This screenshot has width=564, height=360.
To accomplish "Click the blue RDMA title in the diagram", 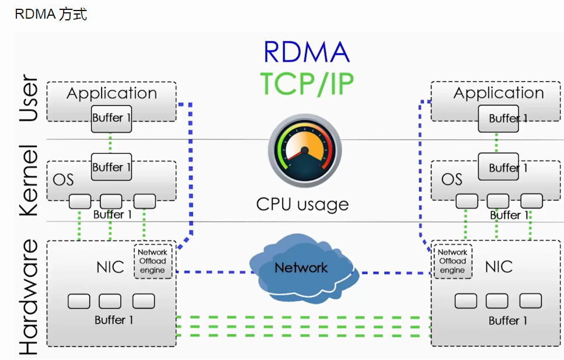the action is (x=307, y=53).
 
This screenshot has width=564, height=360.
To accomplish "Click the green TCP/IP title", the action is (x=307, y=83).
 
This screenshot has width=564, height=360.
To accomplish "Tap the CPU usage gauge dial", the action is (x=305, y=150).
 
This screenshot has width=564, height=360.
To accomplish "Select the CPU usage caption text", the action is (x=302, y=204).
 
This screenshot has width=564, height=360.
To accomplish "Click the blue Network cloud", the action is (x=303, y=268).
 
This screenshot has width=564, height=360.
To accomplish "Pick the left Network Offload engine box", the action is (x=153, y=261).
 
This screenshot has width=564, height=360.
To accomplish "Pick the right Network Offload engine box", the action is (x=452, y=261).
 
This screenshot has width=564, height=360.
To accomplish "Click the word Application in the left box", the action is (x=112, y=93).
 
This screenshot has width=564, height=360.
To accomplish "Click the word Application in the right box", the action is (x=499, y=93).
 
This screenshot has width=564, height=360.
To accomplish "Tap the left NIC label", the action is (x=110, y=267).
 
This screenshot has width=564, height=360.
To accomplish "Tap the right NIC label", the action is (x=499, y=267).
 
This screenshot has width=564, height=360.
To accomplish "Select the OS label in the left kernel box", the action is (x=63, y=180).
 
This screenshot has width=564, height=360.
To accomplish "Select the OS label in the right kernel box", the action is (x=452, y=179).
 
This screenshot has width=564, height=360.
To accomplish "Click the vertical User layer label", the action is (x=29, y=97).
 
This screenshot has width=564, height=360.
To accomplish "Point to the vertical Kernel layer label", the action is (x=29, y=180).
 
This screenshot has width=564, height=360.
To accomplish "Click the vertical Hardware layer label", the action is (x=29, y=297).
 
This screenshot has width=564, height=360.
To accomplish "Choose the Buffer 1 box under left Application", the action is (x=112, y=119).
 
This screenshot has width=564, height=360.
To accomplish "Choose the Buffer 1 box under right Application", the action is (x=499, y=118).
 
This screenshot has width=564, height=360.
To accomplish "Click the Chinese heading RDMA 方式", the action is (x=51, y=15).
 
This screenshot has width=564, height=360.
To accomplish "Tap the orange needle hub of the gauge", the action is (x=305, y=150).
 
